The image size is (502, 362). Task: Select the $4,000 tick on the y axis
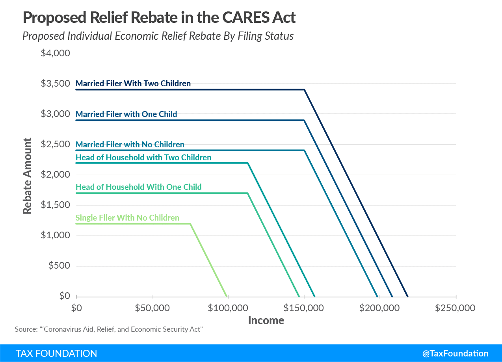click(x=55, y=53)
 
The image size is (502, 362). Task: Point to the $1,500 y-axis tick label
click(x=55, y=205)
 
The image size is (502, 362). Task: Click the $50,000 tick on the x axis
click(x=152, y=308)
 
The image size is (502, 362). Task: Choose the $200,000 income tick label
click(x=379, y=308)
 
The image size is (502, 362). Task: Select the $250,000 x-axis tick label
click(x=455, y=308)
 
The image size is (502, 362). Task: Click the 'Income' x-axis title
click(x=266, y=320)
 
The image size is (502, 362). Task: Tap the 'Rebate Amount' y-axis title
click(x=27, y=176)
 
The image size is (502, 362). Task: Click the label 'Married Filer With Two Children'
click(x=133, y=84)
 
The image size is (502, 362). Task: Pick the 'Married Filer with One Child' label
click(x=126, y=114)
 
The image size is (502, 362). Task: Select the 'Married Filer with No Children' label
click(x=130, y=145)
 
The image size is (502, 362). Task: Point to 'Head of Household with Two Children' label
click(x=143, y=158)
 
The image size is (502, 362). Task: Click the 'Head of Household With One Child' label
click(x=138, y=187)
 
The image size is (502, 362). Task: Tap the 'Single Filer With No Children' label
click(x=127, y=218)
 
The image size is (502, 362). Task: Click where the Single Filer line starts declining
click(x=190, y=224)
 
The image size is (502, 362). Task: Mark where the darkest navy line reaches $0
click(x=408, y=296)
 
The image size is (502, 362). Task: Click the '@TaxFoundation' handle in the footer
click(x=455, y=353)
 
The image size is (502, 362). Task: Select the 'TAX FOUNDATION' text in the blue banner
click(x=56, y=353)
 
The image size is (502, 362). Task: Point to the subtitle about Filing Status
click(x=158, y=36)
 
